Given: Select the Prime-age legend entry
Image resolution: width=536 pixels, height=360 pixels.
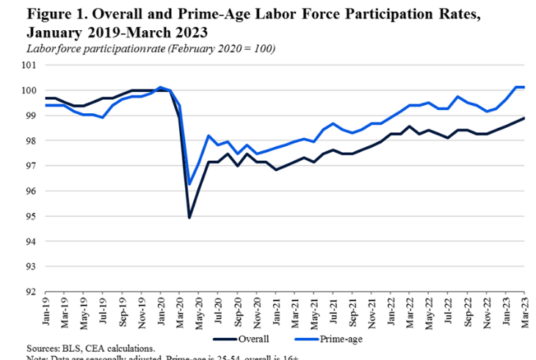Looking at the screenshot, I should tap(341, 339).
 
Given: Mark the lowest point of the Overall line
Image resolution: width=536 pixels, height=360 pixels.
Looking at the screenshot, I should tap(189, 217).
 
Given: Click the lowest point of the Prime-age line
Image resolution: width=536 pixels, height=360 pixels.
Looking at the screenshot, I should tap(189, 184).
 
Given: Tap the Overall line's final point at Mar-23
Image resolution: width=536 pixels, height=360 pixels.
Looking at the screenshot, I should tap(524, 118).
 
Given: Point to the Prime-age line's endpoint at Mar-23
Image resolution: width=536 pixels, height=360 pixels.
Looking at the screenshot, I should tap(524, 87).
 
